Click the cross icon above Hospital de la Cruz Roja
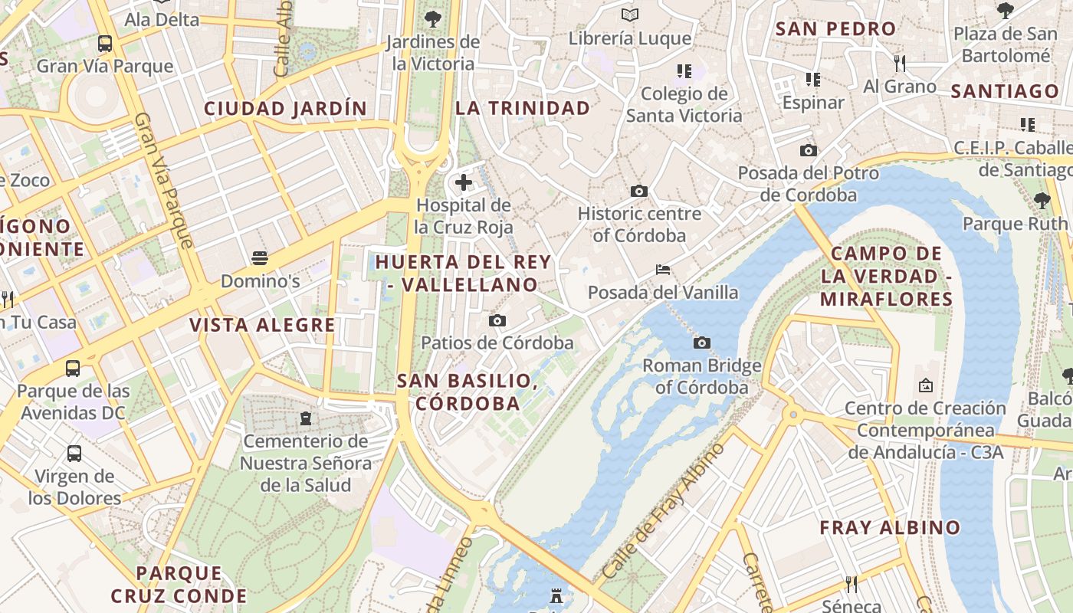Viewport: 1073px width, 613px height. (x=464, y=182)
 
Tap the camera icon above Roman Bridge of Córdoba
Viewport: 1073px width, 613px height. (x=701, y=343)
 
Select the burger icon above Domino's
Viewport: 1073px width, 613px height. (x=260, y=257)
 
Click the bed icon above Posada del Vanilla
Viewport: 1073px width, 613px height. (x=663, y=269)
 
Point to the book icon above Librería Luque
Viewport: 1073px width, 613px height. (x=630, y=15)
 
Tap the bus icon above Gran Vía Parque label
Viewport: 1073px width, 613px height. (x=105, y=43)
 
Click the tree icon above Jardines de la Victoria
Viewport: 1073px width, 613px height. (x=433, y=18)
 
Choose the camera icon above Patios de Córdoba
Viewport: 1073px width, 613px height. (x=497, y=320)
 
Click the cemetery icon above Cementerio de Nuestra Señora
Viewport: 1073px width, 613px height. (x=307, y=418)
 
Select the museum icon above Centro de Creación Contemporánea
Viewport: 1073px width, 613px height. (x=925, y=385)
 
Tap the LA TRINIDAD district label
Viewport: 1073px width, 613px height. (x=523, y=108)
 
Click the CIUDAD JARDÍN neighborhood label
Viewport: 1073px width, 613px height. (x=285, y=109)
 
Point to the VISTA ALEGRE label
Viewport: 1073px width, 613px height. (x=262, y=325)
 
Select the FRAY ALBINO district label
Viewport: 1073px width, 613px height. (x=889, y=527)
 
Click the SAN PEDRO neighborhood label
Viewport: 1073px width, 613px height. (x=835, y=29)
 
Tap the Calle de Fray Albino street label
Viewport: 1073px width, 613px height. (x=663, y=511)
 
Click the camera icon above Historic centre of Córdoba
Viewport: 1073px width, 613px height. (x=638, y=191)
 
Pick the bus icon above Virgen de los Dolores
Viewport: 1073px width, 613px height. (x=74, y=453)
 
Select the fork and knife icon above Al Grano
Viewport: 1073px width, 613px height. (x=900, y=63)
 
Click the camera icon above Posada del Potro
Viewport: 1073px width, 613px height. (x=808, y=151)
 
